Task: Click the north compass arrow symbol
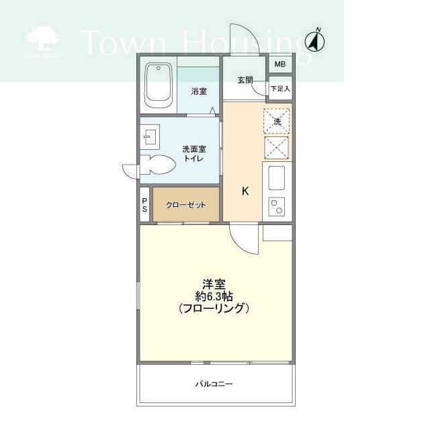[315, 42]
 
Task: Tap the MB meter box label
[280, 64]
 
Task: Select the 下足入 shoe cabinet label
[280, 89]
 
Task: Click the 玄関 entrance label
[245, 80]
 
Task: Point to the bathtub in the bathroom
[159, 85]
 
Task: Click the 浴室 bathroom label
[199, 91]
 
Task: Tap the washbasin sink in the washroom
[150, 137]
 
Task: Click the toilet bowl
[158, 165]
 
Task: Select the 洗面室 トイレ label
[194, 154]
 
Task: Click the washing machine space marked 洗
[276, 121]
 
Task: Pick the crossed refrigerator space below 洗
[276, 148]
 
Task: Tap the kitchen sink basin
[276, 178]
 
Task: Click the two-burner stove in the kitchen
[276, 206]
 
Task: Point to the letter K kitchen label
[245, 191]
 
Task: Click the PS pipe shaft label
[144, 205]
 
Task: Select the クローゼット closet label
[186, 205]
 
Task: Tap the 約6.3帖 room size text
[214, 296]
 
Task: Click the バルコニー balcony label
[214, 384]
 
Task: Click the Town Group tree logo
[42, 42]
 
